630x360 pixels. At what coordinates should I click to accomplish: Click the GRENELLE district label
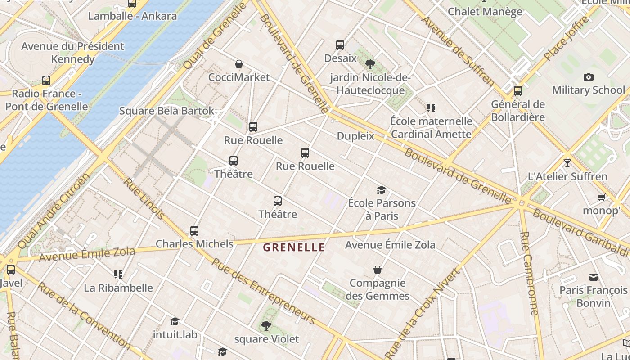[294, 247]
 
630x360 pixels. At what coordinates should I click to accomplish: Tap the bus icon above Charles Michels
[194, 231]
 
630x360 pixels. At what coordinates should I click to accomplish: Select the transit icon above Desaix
[340, 45]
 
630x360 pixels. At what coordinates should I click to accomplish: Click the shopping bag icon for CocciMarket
[239, 64]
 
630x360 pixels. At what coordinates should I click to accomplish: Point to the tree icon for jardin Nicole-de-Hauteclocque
[370, 64]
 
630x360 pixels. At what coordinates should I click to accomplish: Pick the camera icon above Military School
[588, 77]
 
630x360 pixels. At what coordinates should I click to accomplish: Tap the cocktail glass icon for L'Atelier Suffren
[567, 163]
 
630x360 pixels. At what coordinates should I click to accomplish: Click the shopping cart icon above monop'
[601, 198]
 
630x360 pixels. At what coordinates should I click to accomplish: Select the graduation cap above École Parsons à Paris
[381, 190]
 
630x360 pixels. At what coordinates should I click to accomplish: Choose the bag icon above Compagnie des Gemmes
[378, 270]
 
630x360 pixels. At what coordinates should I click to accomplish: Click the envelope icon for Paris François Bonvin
[594, 277]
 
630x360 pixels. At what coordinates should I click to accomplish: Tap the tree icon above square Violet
[266, 325]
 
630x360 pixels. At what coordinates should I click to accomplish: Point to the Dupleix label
[355, 136]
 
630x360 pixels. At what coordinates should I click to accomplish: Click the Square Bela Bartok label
[166, 111]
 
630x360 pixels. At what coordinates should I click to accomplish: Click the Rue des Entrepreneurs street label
[264, 291]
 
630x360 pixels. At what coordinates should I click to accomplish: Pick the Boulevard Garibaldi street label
[580, 232]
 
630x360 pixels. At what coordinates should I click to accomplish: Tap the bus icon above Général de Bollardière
[518, 91]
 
